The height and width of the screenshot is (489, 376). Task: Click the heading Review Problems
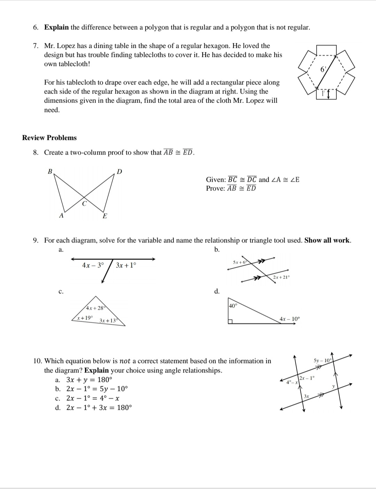click(x=49, y=138)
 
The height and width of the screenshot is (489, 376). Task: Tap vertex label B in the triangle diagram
click(x=50, y=171)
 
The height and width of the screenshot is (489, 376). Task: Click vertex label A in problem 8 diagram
click(x=61, y=215)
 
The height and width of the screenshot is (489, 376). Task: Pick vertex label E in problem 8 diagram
click(x=104, y=216)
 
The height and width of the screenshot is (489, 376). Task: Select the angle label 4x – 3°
click(x=93, y=265)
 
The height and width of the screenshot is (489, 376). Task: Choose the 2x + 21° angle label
click(x=281, y=277)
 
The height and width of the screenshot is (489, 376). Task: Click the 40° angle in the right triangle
click(x=233, y=306)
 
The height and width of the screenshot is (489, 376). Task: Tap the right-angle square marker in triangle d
click(x=230, y=322)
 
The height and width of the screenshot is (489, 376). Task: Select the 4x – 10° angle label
click(x=289, y=319)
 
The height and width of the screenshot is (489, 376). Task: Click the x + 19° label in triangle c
click(x=85, y=318)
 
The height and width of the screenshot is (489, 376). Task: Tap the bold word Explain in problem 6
click(x=56, y=28)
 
